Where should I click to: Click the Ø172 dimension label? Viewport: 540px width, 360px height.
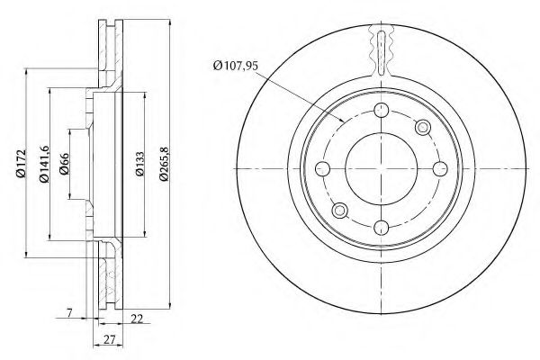pos(21,163)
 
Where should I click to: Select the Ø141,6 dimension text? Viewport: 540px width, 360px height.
pos(44,164)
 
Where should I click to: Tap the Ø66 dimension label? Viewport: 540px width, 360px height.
pos(65,164)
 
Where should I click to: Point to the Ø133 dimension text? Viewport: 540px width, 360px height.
pos(139,164)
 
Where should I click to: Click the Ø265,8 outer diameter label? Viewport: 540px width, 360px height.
pos(165,164)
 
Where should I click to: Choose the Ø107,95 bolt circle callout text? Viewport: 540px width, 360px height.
pos(235,66)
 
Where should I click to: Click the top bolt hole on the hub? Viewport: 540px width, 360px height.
pos(382,110)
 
